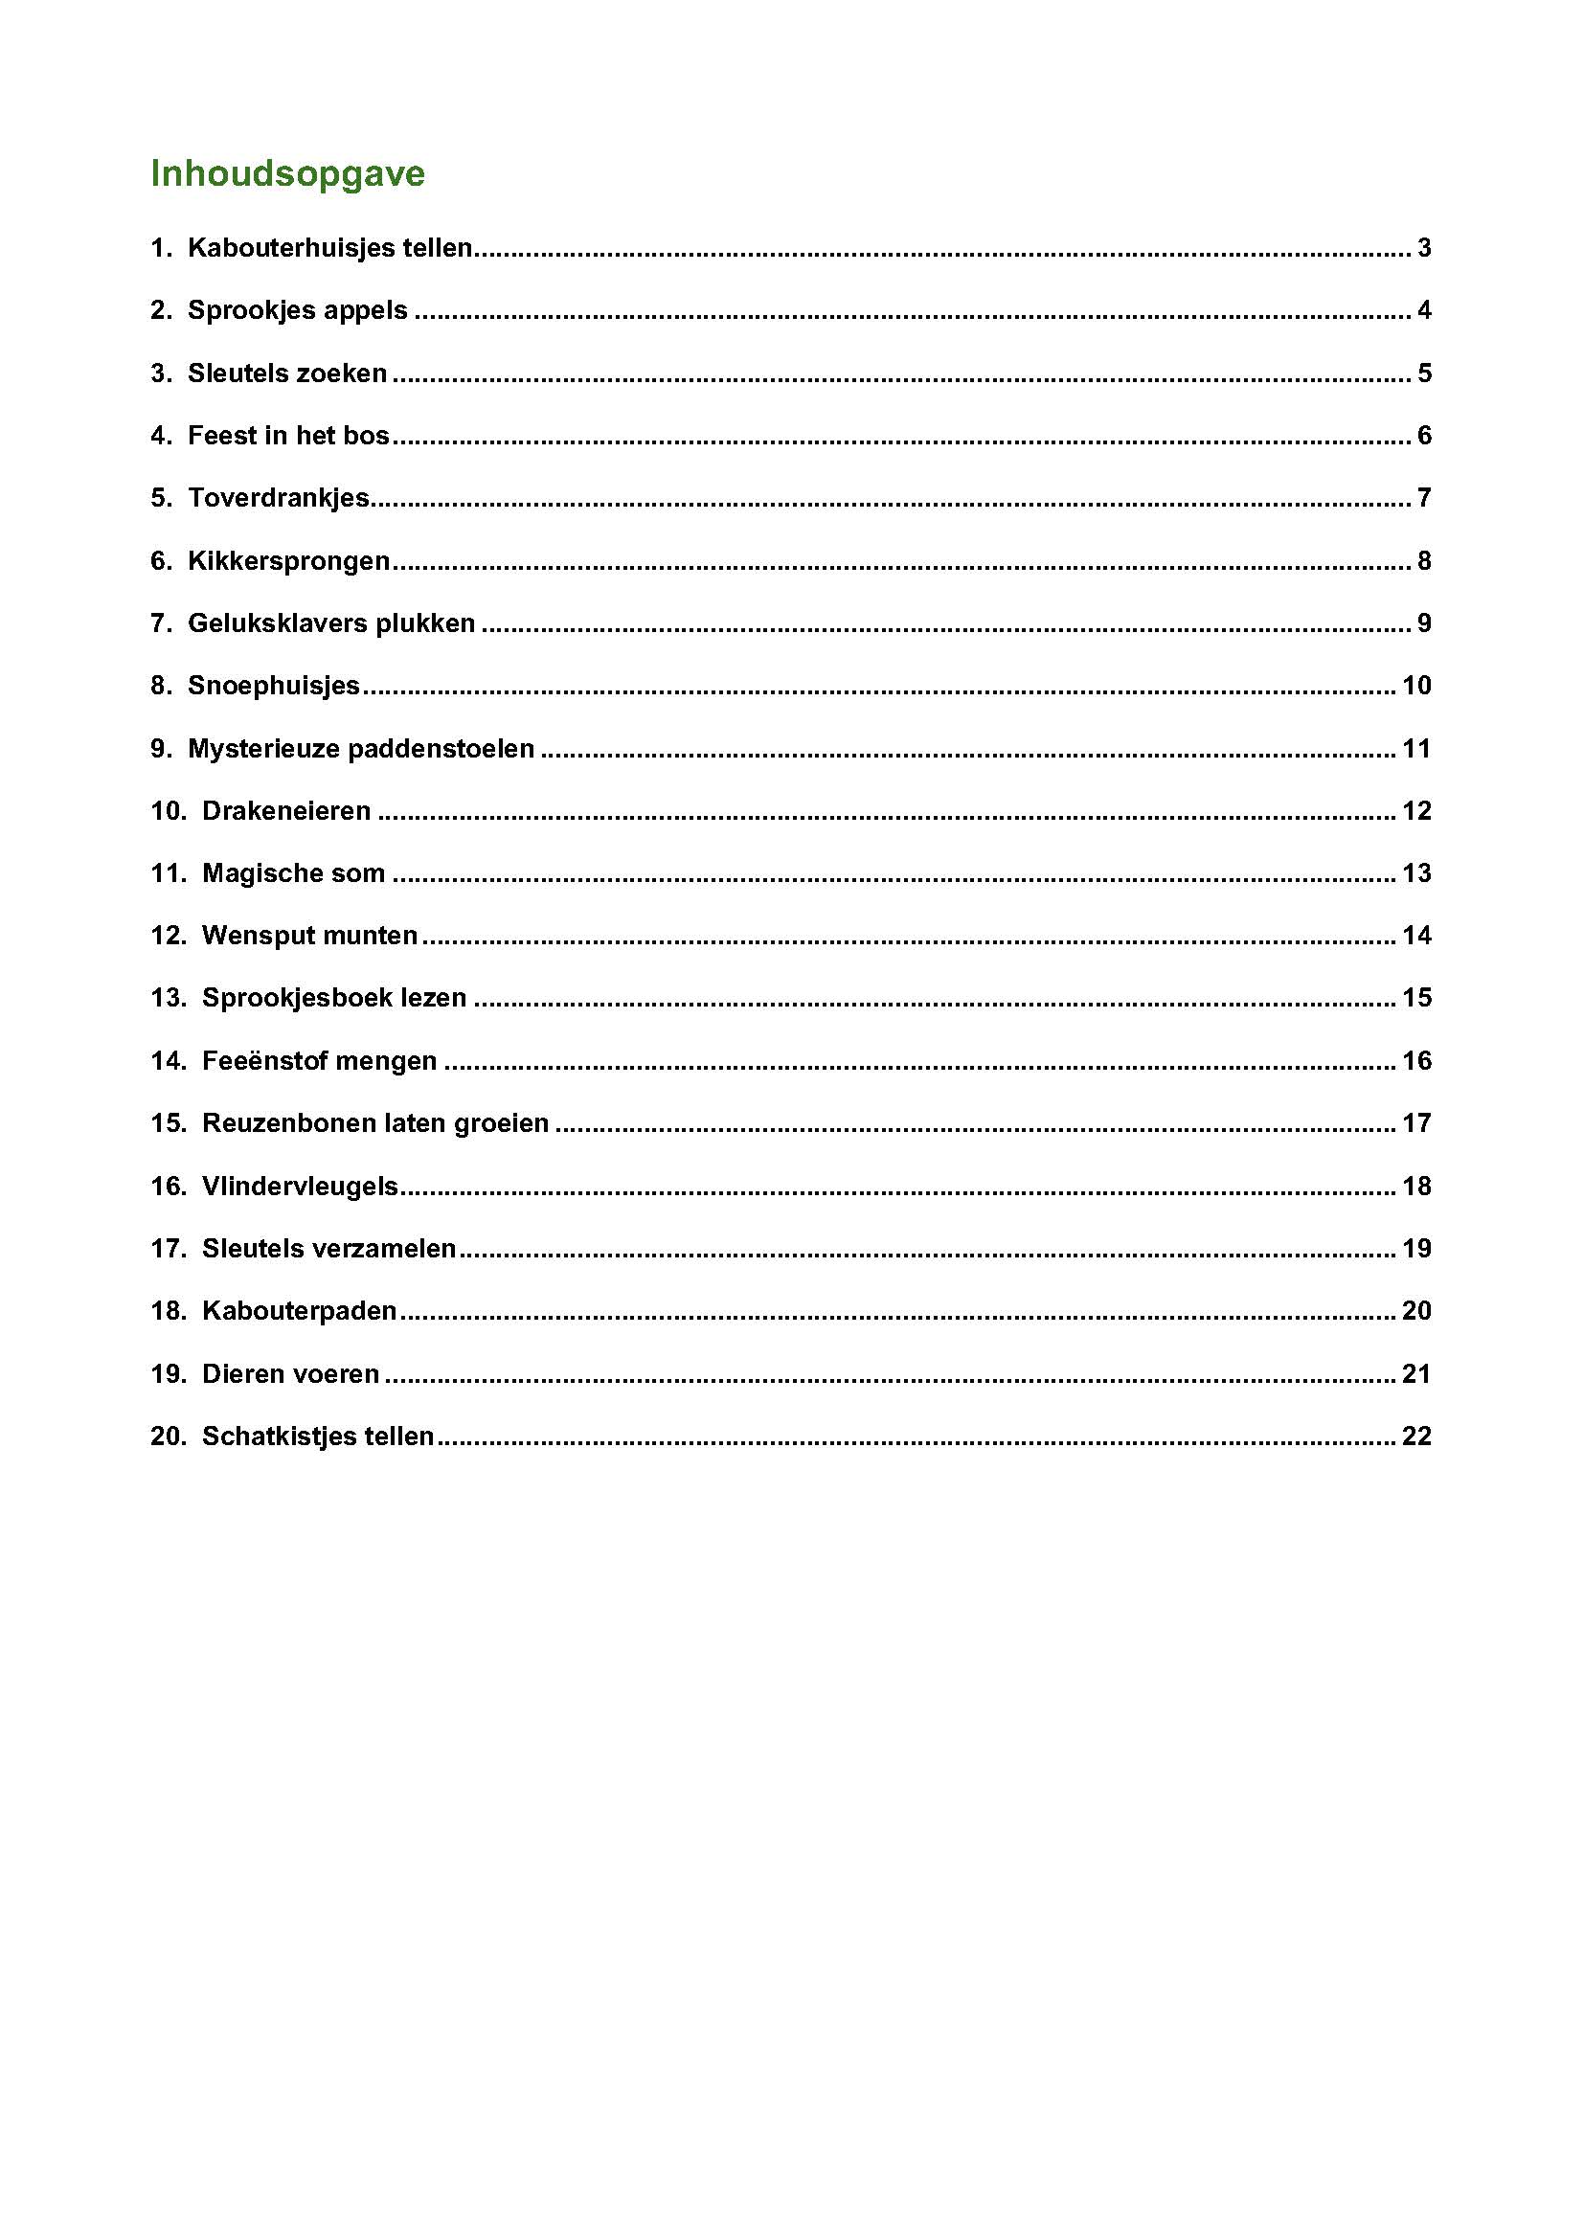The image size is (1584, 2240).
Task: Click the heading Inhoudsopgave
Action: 286,173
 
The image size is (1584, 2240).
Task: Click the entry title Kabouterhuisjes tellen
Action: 329,248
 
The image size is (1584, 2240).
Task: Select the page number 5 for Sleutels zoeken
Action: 1424,373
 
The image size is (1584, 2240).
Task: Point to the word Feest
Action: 222,435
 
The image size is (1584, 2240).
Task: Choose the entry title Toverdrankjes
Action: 278,498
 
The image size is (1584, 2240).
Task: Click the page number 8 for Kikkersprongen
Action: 1424,561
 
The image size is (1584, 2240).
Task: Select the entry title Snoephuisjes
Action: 273,686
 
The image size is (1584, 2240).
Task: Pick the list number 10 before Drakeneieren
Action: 167,811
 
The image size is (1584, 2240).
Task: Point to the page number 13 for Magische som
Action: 1416,873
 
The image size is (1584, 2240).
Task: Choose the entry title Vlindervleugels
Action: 300,1187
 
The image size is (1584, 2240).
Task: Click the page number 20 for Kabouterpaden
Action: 1416,1311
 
